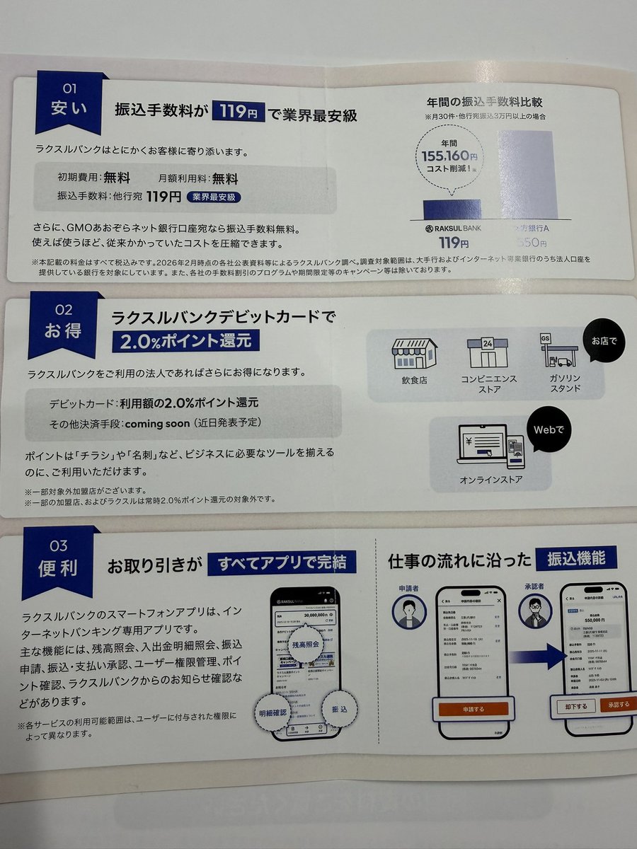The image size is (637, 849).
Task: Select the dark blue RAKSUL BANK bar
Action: click(452, 209)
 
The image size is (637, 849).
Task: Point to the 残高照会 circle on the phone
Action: click(304, 645)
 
